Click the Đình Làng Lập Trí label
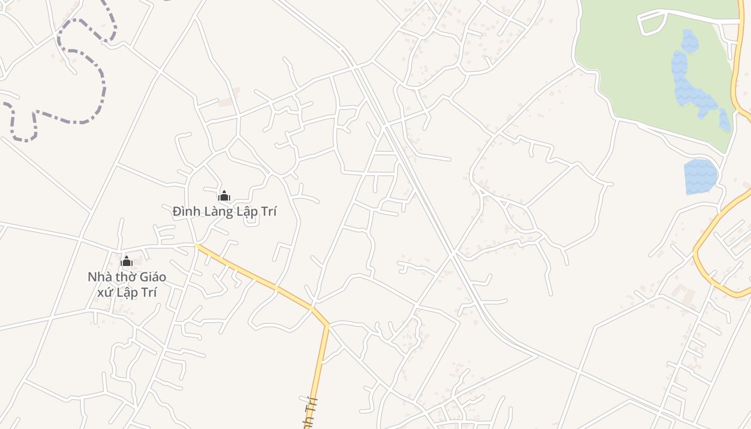[225, 212]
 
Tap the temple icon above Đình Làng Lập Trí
[224, 196]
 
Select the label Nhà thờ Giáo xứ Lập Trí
[127, 285]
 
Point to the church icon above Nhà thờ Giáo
[127, 261]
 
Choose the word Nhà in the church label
[99, 277]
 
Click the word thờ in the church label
[124, 277]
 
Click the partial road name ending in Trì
[310, 413]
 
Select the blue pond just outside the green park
[700, 176]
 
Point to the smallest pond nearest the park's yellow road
[725, 120]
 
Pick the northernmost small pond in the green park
[690, 41]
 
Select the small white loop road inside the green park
[652, 23]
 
